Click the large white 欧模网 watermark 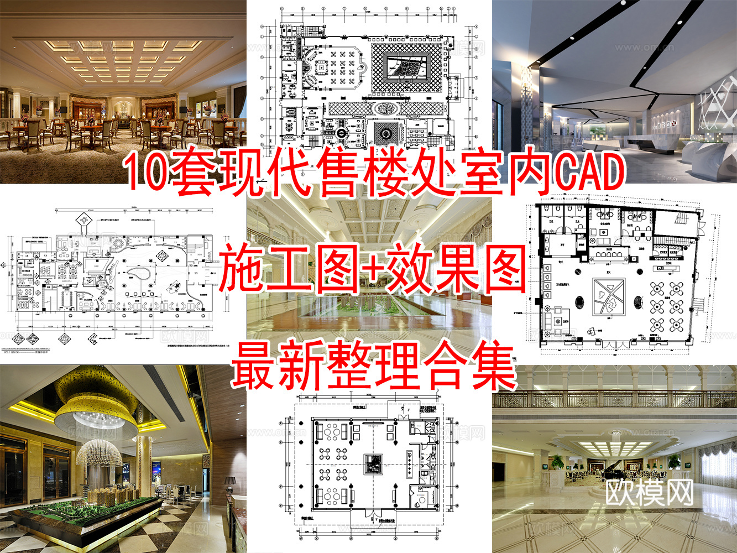(x=649, y=492)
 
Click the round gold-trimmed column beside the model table (x=145, y=465)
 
